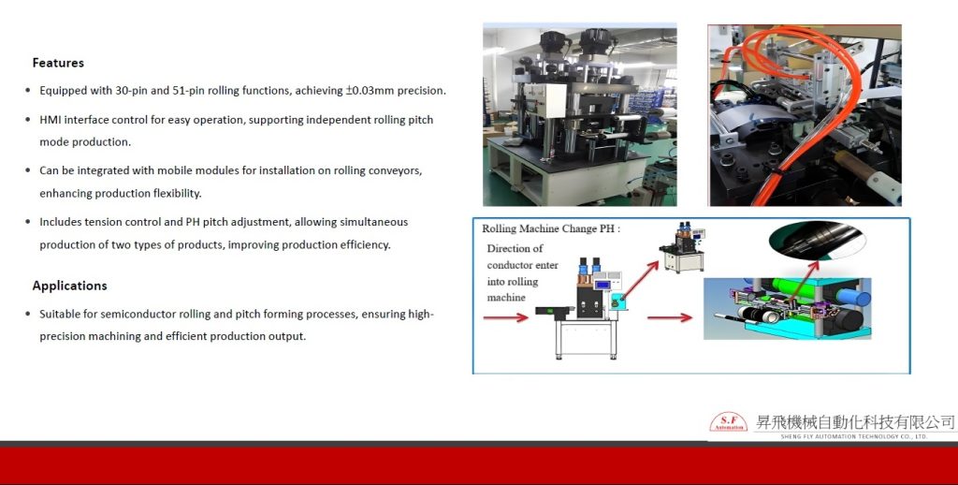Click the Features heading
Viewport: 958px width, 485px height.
[58, 63]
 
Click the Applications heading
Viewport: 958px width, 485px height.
[69, 286]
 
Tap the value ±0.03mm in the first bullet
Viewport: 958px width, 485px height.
[370, 91]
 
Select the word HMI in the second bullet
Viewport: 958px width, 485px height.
[51, 120]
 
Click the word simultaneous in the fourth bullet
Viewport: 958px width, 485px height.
[373, 222]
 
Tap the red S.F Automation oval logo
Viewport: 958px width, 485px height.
[728, 422]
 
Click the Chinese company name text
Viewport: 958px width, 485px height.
[855, 422]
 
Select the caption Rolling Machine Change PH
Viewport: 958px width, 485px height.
[550, 228]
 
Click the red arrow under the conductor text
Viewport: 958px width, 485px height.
[505, 317]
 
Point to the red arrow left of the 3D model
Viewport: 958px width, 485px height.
[670, 317]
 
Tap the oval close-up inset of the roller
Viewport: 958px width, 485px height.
[817, 242]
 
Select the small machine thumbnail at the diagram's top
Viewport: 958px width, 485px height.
[681, 248]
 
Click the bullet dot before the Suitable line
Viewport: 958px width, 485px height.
[28, 315]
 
